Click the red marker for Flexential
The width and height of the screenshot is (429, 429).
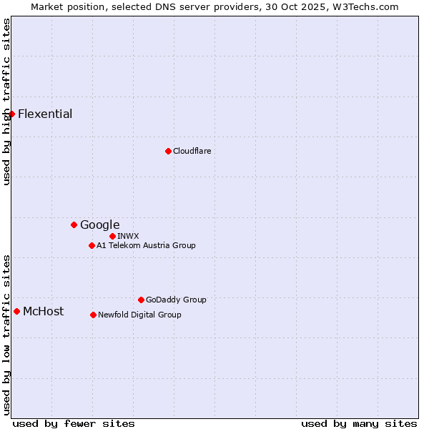[11, 114]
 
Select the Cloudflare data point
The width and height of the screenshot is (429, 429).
[168, 151]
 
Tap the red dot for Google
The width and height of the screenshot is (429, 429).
[74, 225]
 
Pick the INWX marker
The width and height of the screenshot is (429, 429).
[112, 236]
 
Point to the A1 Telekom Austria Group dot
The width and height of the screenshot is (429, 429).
[92, 245]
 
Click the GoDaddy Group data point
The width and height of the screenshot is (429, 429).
[141, 300]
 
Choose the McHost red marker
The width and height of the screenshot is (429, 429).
[16, 311]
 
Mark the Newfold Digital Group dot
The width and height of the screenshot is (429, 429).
[93, 315]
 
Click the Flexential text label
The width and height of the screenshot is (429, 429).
[45, 114]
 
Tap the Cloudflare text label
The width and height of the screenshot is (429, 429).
[192, 151]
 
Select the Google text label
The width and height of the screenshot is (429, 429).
[100, 225]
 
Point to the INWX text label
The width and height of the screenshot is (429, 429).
[129, 236]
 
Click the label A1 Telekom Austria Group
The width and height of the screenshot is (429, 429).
[146, 245]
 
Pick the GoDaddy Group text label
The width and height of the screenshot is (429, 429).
[176, 300]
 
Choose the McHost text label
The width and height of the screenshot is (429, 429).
[43, 311]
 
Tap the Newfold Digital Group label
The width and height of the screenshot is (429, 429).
[139, 315]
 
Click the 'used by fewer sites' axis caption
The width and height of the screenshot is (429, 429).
[74, 423]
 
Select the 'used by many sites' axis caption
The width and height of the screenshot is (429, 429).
[359, 423]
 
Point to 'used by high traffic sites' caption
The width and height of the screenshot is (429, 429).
[6, 102]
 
